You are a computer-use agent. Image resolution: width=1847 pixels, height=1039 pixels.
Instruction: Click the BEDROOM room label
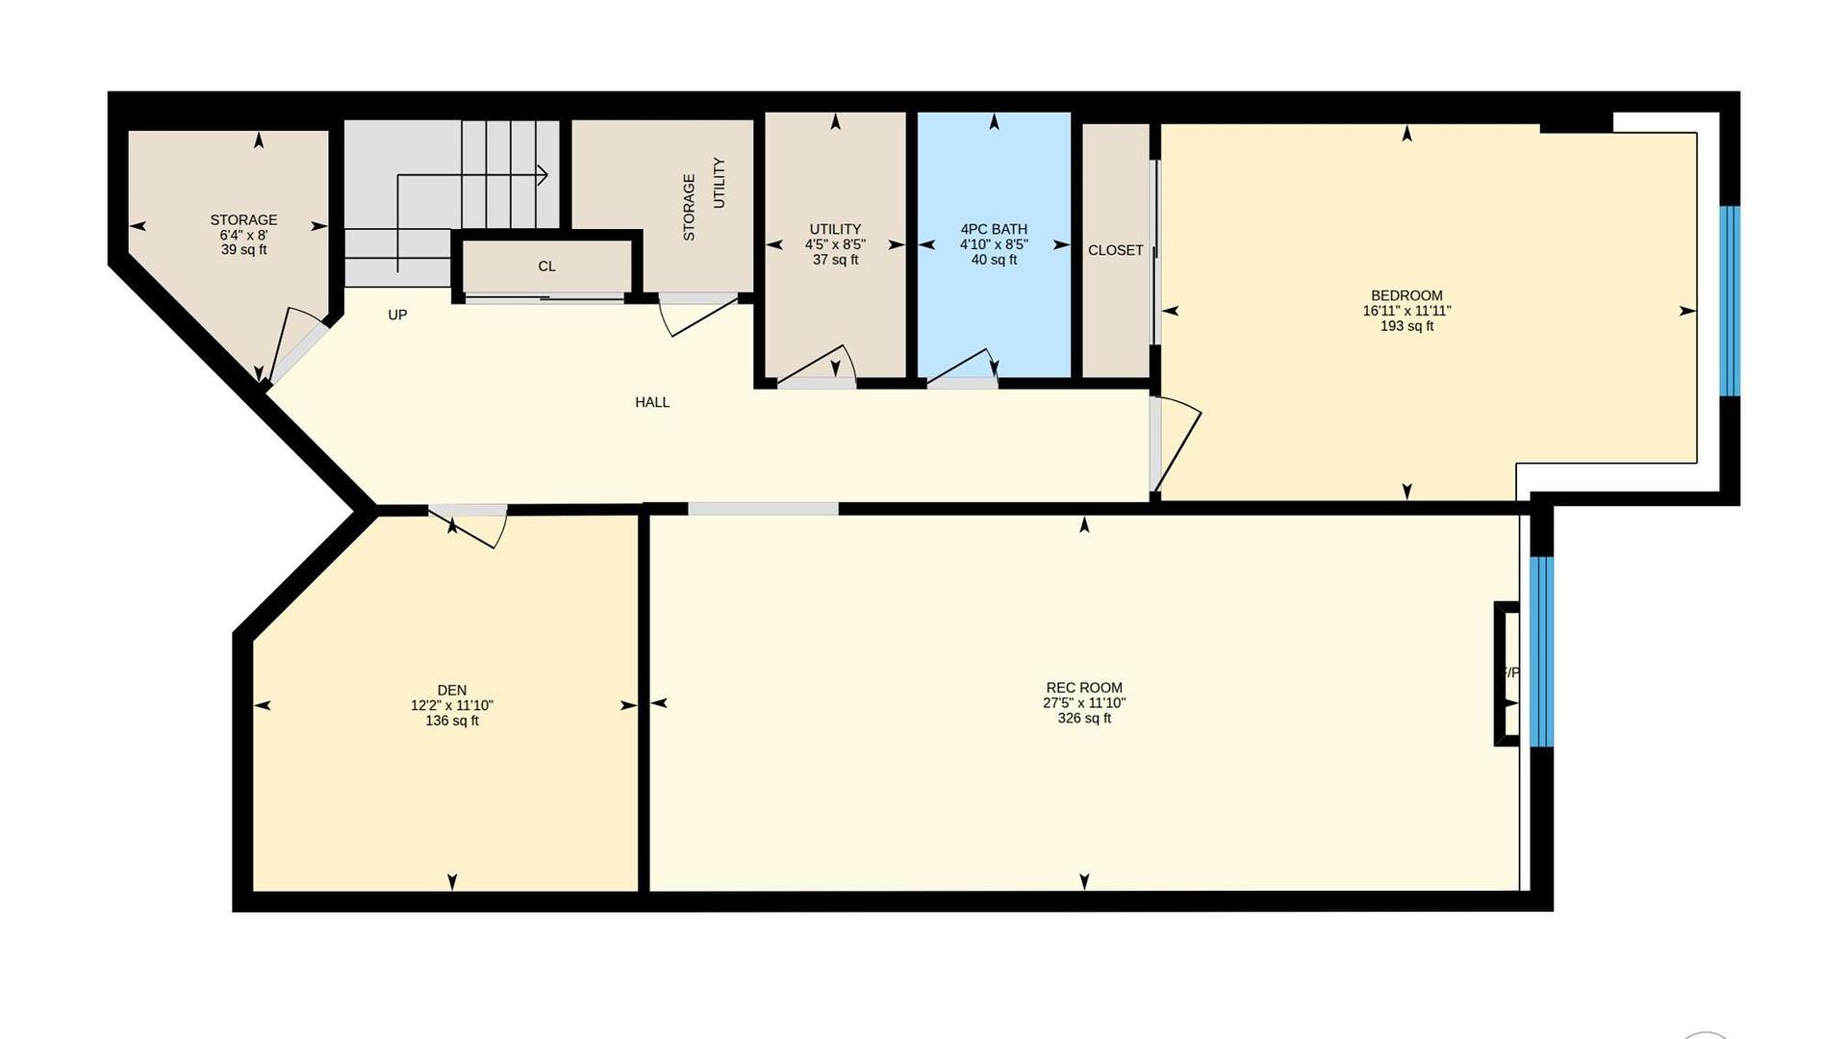pos(1406,295)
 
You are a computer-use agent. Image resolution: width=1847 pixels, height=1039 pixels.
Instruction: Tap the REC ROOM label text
pos(1084,688)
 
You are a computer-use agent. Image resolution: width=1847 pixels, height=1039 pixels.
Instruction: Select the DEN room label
pos(452,690)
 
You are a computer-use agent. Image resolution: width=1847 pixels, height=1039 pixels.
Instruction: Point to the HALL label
pos(652,402)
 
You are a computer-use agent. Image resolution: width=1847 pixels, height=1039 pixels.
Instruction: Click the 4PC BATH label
pos(994,229)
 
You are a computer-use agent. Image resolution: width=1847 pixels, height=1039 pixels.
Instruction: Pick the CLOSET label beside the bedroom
pos(1116,250)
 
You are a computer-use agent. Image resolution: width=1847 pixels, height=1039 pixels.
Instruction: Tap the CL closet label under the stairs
pos(546,266)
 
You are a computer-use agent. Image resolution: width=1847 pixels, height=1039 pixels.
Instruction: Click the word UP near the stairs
pos(397,315)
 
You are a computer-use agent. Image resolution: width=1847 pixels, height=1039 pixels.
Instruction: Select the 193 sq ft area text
pos(1406,326)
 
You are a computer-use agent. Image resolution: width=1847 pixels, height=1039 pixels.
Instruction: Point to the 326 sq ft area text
pos(1084,719)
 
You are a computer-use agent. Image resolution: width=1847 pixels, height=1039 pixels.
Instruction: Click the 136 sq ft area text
pos(452,721)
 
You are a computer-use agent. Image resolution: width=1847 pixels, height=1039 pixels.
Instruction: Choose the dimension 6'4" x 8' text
pos(243,235)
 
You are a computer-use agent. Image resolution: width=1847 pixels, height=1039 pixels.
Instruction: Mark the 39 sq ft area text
pos(243,250)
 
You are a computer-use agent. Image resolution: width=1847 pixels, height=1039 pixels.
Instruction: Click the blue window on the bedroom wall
pos(1730,301)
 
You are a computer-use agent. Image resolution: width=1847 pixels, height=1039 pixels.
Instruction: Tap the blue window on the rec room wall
pos(1541,652)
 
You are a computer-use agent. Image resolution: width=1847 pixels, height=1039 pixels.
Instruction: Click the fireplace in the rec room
pos(1506,673)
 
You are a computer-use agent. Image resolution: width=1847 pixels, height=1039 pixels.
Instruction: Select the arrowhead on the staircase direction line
pos(543,175)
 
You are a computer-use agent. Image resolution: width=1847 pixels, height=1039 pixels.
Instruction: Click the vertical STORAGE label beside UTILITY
pos(689,207)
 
